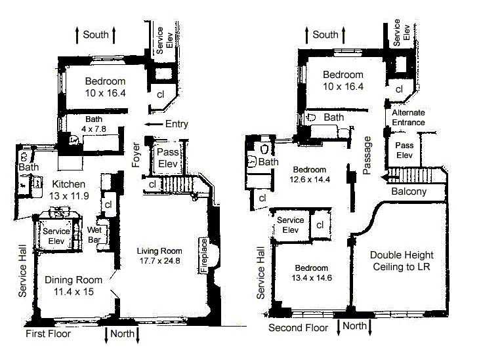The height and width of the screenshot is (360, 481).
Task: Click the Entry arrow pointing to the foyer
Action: [154, 124]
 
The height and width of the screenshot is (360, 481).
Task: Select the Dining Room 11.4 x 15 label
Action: [74, 286]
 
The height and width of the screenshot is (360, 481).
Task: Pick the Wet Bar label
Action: [96, 235]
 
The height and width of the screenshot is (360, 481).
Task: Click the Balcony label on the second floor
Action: [408, 192]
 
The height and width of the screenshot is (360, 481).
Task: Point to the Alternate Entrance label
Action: [408, 117]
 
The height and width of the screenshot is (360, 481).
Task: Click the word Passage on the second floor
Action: [368, 155]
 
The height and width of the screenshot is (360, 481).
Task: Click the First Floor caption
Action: [48, 334]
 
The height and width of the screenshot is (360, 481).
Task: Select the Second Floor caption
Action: [299, 327]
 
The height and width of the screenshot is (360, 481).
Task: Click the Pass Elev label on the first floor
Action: [169, 157]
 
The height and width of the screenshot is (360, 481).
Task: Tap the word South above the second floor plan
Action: [325, 35]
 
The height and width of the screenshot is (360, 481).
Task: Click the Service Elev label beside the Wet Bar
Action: [57, 236]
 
